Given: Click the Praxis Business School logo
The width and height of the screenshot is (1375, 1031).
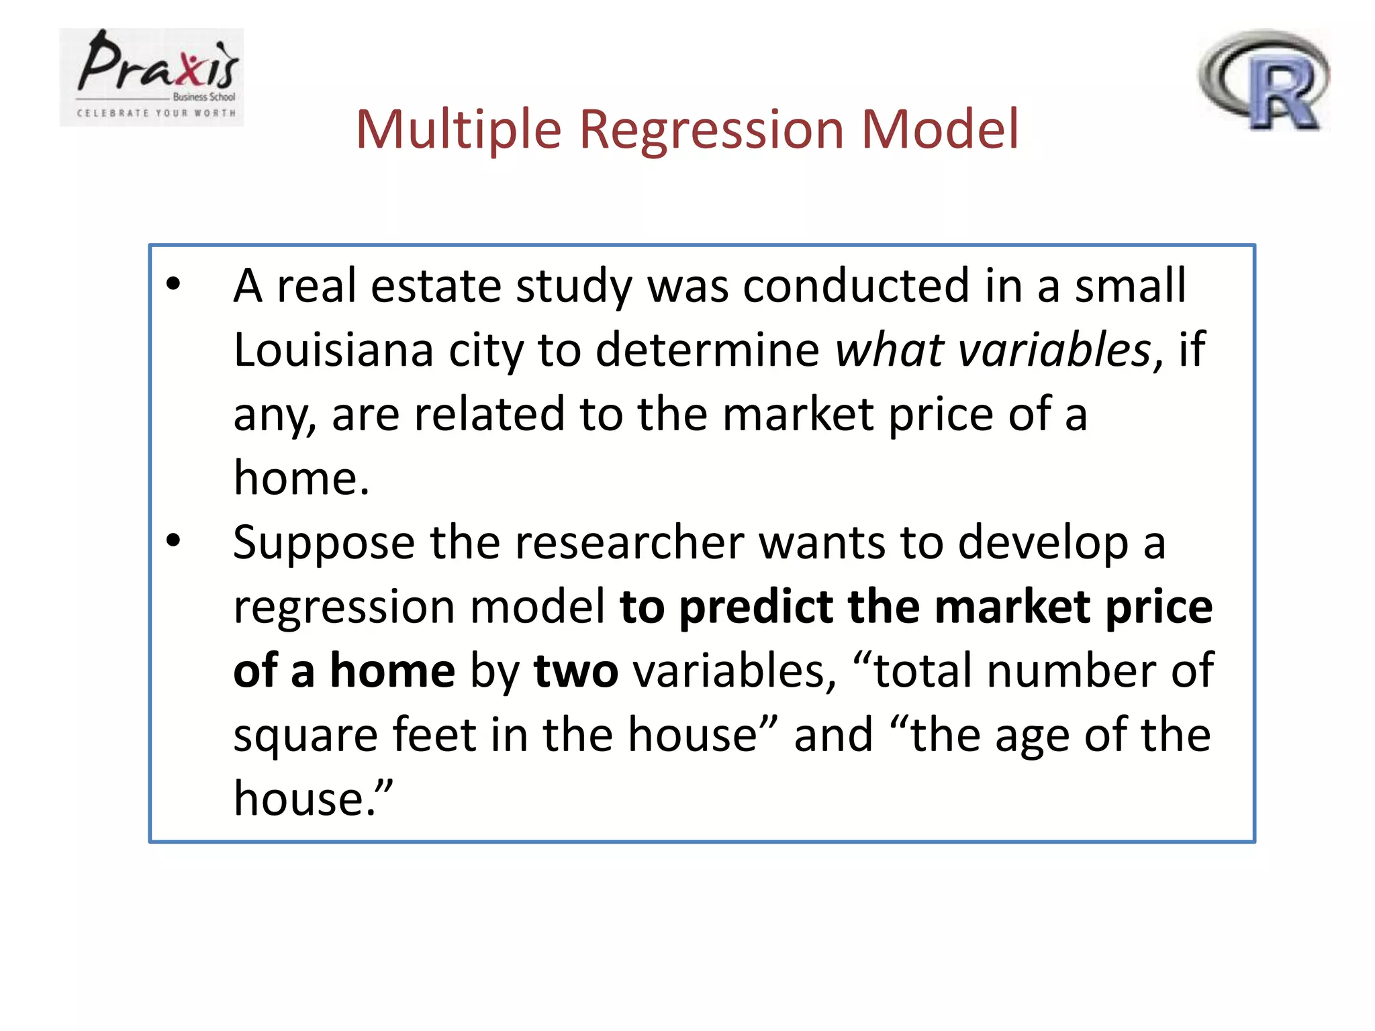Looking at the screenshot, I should [152, 77].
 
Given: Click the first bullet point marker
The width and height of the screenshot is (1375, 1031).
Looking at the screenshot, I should [173, 285].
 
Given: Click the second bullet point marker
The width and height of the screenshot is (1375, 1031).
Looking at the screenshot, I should [173, 540].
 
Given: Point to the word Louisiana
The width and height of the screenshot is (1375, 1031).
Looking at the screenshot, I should [333, 350].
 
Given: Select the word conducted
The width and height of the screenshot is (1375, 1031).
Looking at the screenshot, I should [856, 286].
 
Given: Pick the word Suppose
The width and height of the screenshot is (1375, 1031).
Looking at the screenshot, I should [324, 542].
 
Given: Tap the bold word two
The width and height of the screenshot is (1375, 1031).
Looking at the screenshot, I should [575, 671].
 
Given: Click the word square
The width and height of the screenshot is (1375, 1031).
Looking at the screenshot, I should [305, 736].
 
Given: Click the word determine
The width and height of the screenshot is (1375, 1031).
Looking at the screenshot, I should [707, 350].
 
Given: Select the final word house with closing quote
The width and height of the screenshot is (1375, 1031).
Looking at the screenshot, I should [312, 799].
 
